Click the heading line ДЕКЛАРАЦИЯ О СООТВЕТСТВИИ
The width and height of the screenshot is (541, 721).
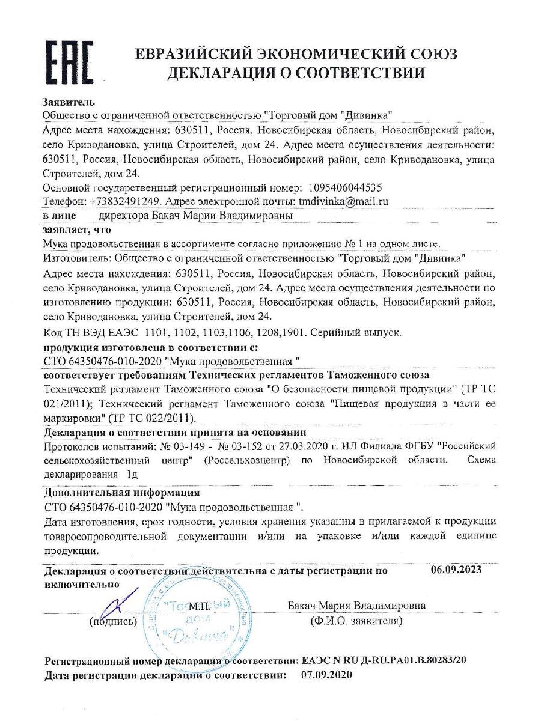(x=296, y=73)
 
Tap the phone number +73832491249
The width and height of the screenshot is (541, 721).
(x=126, y=201)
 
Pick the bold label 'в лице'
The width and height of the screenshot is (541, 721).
(x=60, y=214)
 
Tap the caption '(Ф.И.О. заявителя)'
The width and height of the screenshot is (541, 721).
(x=356, y=621)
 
